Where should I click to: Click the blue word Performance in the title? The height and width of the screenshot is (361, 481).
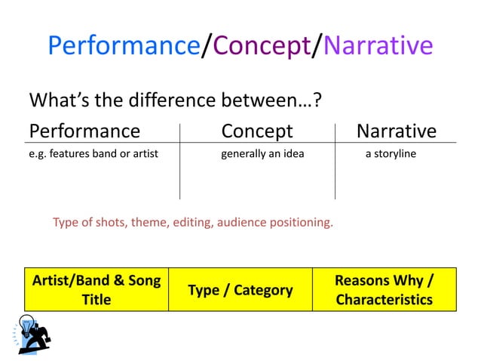point(124,47)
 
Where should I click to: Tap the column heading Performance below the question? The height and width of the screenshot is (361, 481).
point(84,131)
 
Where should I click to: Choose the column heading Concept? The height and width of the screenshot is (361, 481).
point(256,131)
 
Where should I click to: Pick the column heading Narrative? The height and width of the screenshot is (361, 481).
point(397,131)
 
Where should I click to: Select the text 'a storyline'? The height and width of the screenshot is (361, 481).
point(391,155)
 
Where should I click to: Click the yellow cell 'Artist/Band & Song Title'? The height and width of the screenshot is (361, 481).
point(97,289)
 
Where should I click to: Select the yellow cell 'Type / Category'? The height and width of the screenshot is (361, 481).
point(240,289)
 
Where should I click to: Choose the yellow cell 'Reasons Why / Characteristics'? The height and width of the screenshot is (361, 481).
point(384,289)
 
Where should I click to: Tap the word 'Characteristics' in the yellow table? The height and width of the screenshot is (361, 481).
point(384,299)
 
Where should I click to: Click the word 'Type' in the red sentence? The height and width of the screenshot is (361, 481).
point(66,223)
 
